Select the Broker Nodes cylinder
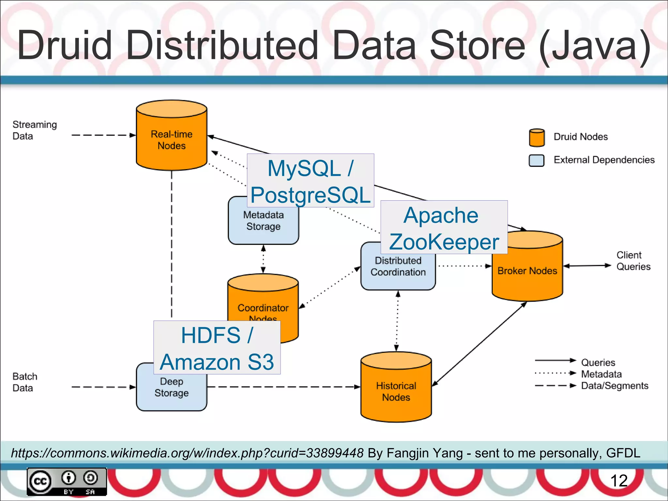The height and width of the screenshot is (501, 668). click(527, 271)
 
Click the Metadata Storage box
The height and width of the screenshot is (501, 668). click(263, 225)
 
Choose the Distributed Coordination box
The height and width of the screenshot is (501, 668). click(398, 271)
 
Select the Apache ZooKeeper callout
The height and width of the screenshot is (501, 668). click(444, 227)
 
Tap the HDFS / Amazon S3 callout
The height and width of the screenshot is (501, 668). click(217, 347)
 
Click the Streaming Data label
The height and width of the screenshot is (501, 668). click(35, 130)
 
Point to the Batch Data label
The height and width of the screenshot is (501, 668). click(25, 382)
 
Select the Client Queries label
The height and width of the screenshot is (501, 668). click(633, 261)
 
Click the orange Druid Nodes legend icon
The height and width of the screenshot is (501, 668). click(537, 138)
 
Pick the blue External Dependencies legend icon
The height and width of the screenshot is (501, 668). click(536, 160)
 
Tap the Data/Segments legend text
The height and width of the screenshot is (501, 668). click(615, 386)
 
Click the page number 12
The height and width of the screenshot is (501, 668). click(619, 480)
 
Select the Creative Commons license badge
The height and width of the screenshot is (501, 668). click(67, 481)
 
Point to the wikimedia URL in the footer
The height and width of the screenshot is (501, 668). click(187, 453)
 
